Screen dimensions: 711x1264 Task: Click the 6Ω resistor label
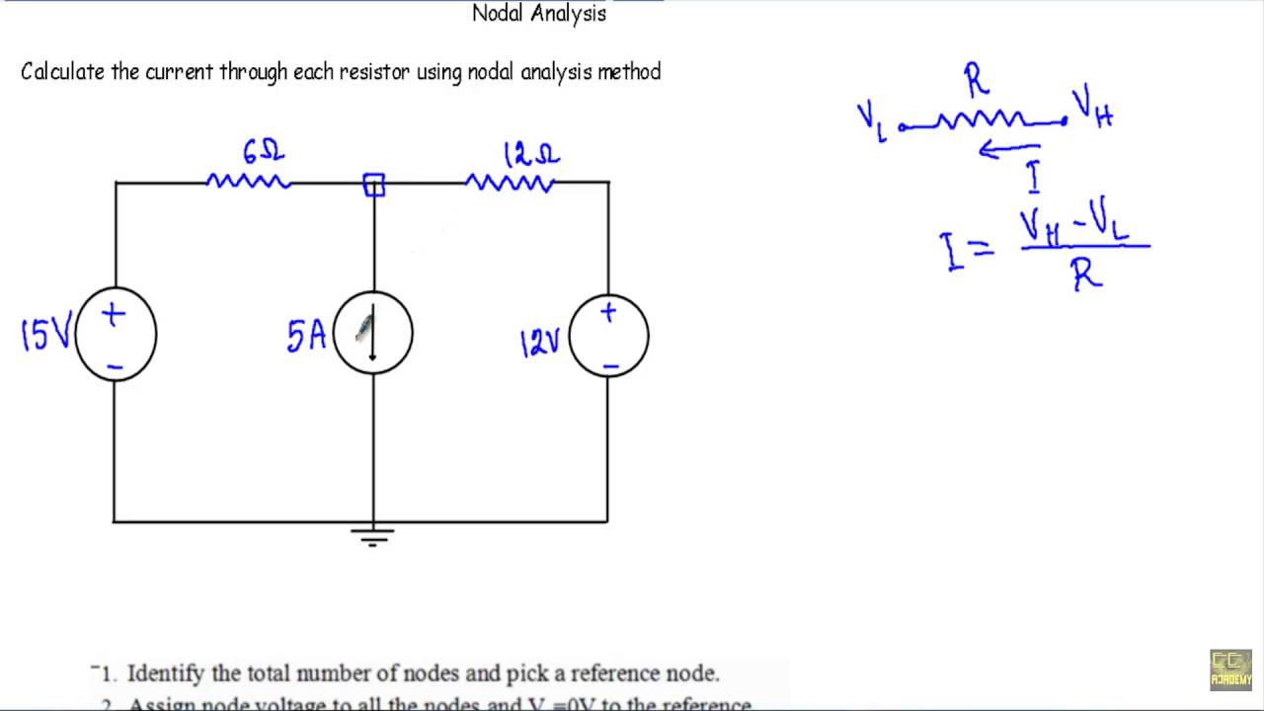(x=263, y=152)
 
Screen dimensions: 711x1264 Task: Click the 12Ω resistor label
(x=531, y=155)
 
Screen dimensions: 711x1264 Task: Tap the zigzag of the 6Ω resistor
(x=248, y=182)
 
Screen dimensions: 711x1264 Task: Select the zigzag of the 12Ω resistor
(x=510, y=183)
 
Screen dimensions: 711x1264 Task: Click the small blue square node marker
(x=374, y=185)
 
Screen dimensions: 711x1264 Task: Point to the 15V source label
(x=44, y=336)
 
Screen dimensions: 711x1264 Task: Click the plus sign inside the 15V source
(x=114, y=315)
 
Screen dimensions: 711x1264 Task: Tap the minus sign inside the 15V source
(x=116, y=366)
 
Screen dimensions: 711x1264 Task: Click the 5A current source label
(x=306, y=337)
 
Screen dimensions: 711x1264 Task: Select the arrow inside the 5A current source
(x=373, y=336)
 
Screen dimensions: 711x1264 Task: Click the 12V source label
(x=539, y=343)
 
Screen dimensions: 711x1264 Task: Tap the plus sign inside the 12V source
(x=607, y=313)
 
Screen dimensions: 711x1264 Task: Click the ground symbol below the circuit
(x=372, y=535)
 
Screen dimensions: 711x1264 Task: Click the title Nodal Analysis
(x=539, y=13)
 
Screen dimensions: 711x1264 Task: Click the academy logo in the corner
(x=1230, y=670)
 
